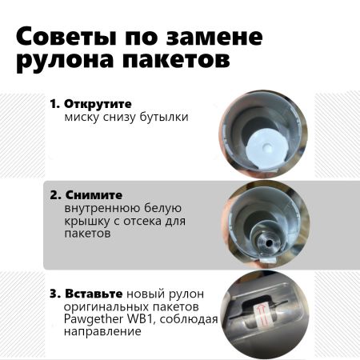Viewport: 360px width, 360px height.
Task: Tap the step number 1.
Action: [54, 104]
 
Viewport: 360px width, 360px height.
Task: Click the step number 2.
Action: [54, 195]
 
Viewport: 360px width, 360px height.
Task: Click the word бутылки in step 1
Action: [166, 117]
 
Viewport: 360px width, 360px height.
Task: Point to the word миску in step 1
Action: [82, 117]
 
